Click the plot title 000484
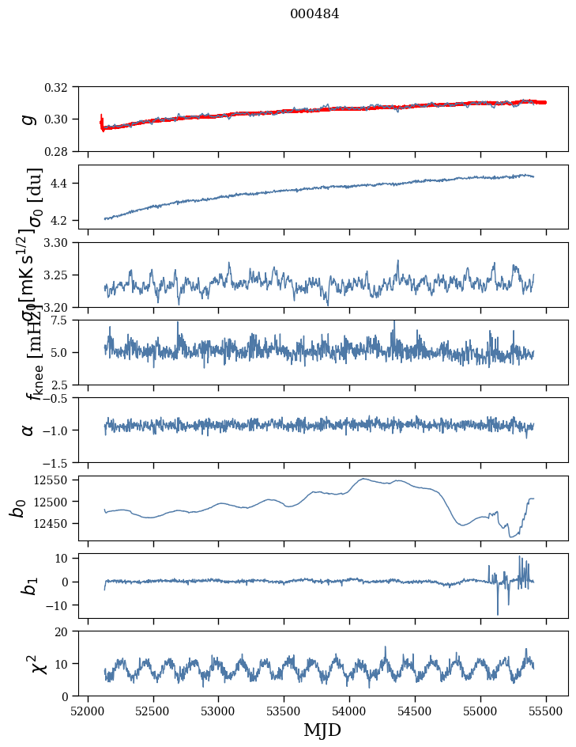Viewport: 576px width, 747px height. (x=314, y=13)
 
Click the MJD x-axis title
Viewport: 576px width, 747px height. (x=322, y=730)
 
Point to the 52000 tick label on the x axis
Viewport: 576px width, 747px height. (x=88, y=710)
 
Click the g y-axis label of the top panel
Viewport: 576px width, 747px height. (x=28, y=119)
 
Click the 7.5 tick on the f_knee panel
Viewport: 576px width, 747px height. (x=65, y=320)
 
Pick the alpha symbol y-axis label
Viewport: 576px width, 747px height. (x=28, y=430)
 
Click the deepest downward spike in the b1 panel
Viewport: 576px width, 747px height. (x=498, y=614)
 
